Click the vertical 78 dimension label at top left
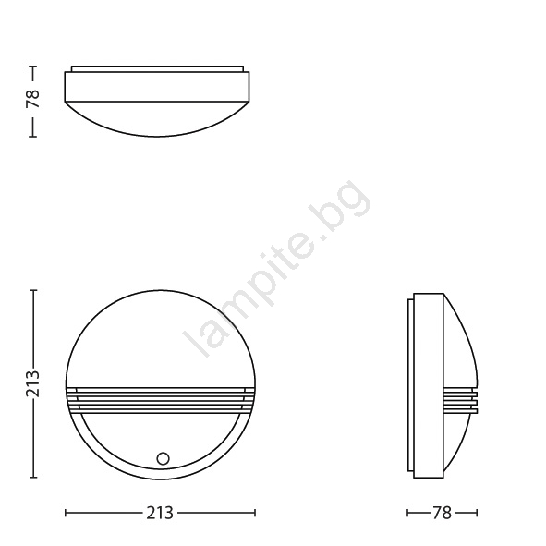point(32,99)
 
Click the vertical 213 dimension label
point(32,383)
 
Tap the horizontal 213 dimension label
point(160,513)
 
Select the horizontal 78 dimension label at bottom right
point(442,513)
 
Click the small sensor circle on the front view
point(163,458)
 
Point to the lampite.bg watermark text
point(277,269)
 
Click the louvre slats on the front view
point(161,400)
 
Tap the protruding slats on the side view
point(461,400)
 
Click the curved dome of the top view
point(157,119)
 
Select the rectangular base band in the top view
point(157,87)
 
